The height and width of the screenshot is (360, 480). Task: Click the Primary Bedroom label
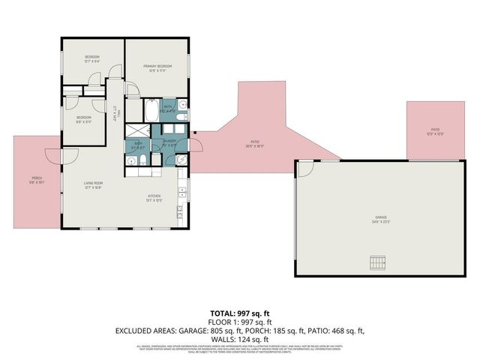tap(158, 67)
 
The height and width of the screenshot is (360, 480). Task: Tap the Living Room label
tap(92, 185)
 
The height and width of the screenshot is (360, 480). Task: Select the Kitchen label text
tap(154, 198)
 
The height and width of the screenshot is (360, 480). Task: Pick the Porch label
tap(37, 180)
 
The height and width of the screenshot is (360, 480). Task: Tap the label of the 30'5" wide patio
tap(254, 143)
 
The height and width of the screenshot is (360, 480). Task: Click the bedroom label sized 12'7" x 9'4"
tap(92, 59)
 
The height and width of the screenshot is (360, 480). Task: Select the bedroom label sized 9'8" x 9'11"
tap(83, 118)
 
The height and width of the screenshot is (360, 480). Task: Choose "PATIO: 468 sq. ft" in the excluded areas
tap(335, 330)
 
